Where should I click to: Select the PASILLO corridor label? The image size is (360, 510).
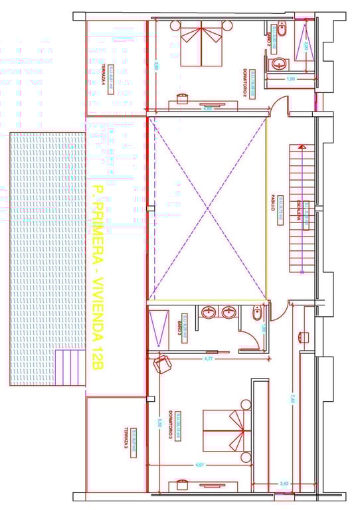[273, 205]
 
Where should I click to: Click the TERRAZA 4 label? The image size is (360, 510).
[105, 82]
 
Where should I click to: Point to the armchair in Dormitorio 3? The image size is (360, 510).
[161, 363]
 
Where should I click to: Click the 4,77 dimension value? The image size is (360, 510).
[208, 359]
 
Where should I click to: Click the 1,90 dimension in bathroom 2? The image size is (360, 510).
[290, 79]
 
